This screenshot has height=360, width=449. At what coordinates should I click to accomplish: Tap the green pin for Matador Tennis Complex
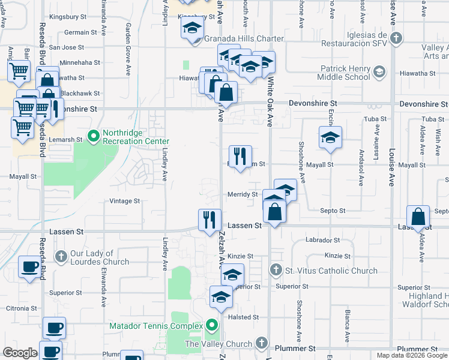212,326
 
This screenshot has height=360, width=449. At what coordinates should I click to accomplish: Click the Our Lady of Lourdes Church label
99,257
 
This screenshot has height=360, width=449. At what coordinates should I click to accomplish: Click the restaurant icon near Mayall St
240,156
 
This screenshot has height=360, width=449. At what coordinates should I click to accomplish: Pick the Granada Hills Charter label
244,39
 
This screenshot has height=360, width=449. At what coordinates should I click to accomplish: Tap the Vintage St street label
124,201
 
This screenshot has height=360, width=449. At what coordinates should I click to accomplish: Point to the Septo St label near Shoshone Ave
333,211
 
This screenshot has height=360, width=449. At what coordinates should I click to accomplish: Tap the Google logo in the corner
20,353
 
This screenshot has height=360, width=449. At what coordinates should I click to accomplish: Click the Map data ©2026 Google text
411,355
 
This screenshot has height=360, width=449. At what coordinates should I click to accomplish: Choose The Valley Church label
218,344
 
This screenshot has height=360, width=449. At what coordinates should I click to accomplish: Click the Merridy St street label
243,194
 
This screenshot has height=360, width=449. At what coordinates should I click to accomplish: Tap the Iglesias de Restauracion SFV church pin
395,38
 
